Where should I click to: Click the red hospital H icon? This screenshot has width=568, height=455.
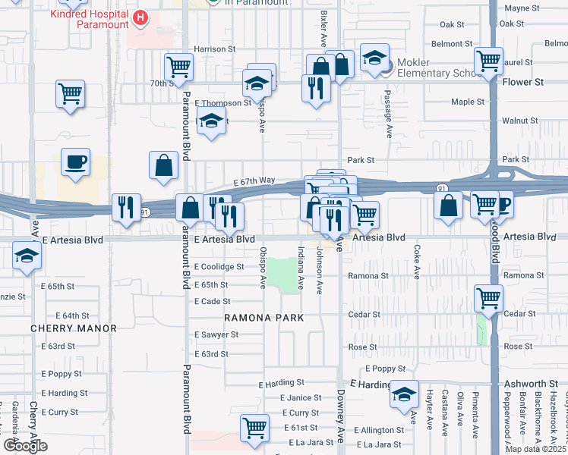pyautogui.click(x=140, y=17)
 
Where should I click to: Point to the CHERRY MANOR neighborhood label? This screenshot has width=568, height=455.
pyautogui.click(x=74, y=328)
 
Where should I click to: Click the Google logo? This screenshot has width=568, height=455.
pyautogui.click(x=25, y=445)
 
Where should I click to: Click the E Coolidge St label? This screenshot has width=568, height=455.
pyautogui.click(x=219, y=267)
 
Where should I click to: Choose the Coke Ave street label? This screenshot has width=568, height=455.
pyautogui.click(x=417, y=260)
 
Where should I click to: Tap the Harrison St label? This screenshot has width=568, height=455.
pyautogui.click(x=215, y=49)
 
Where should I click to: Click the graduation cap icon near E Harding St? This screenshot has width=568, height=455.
pyautogui.click(x=405, y=394)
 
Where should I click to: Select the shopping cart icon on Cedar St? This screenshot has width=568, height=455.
pyautogui.click(x=488, y=297)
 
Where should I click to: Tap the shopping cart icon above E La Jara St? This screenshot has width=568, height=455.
pyautogui.click(x=254, y=427)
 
